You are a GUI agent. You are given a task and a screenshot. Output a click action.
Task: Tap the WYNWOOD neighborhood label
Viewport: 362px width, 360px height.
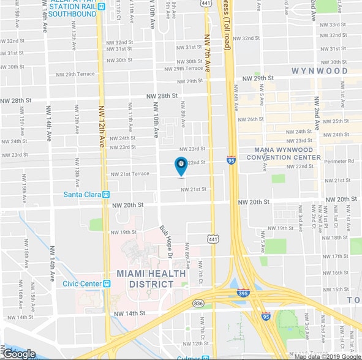click(x=319, y=71)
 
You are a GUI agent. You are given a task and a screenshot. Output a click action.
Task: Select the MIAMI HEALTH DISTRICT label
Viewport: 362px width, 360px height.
click(x=151, y=279)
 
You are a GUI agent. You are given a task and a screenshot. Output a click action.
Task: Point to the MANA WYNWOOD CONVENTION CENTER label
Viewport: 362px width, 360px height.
click(x=284, y=153)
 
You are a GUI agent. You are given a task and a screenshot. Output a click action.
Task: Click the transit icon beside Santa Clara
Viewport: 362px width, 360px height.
click(x=106, y=195)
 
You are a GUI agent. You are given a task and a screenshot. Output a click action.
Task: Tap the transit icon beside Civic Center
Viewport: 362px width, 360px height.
click(x=107, y=283)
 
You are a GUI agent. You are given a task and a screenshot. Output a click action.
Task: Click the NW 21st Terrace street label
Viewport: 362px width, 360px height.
click(x=130, y=174)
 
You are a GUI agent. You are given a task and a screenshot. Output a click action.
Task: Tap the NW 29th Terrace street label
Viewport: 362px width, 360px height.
click(x=180, y=69)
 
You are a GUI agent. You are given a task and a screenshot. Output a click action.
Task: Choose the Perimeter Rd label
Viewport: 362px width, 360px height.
click(x=340, y=162)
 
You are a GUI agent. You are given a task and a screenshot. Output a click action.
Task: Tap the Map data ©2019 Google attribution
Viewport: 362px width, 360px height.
click(x=327, y=356)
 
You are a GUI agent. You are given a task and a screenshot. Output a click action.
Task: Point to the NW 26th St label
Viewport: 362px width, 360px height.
click(x=249, y=119)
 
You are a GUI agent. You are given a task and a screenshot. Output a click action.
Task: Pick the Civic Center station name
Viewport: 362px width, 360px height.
click(x=81, y=283)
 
